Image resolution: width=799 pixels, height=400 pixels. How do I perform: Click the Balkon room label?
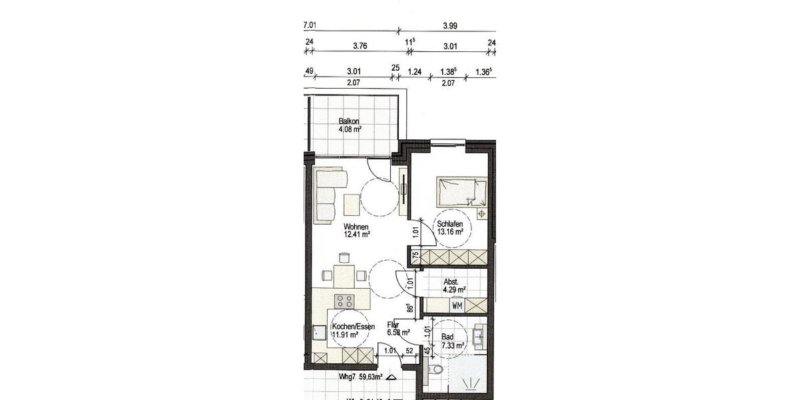(x=349, y=121)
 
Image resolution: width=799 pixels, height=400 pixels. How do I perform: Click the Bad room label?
(x=447, y=337)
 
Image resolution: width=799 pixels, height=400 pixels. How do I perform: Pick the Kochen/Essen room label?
(x=353, y=326)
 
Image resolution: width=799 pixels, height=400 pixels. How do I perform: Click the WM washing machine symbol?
(x=457, y=306)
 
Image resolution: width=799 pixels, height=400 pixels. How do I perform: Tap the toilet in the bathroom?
(x=436, y=370)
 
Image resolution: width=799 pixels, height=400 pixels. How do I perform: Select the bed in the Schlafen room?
(x=461, y=192)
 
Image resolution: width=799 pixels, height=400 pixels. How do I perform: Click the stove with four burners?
(x=344, y=301)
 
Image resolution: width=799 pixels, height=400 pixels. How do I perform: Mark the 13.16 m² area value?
(x=451, y=233)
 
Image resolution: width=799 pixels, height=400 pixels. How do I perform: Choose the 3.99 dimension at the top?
(x=449, y=27)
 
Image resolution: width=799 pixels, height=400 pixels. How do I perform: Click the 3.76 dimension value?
(x=360, y=46)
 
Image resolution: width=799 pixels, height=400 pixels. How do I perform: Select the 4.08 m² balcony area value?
(x=350, y=130)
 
